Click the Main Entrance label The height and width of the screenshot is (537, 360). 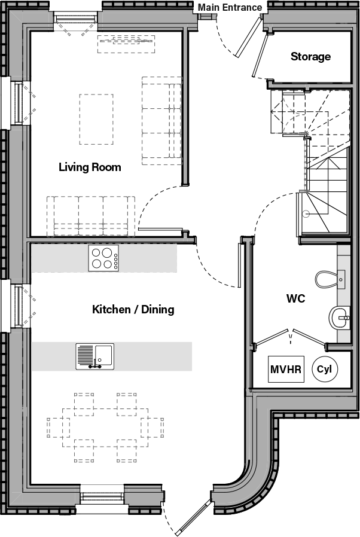point(230,7)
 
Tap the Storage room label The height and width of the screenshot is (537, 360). point(310,57)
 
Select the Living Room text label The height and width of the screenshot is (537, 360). point(90,167)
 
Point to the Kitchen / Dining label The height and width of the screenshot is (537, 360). point(133,309)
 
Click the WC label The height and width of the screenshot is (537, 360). point(295,298)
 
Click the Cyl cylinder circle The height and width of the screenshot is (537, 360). point(324,370)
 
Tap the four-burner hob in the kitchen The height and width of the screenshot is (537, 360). point(103,258)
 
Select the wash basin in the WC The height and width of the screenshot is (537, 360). point(340,317)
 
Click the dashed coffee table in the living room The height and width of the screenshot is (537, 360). point(96,120)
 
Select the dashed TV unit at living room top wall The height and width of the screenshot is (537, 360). point(126,44)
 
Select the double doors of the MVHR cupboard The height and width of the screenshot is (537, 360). point(291,337)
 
